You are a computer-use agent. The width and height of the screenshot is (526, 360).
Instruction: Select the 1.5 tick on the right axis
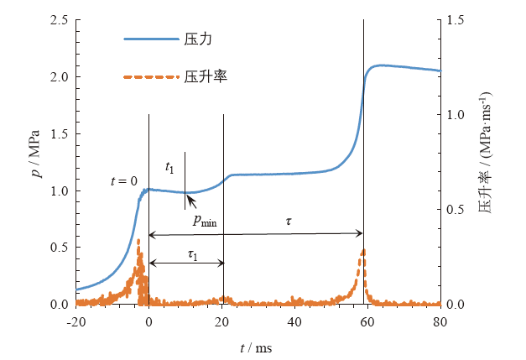click(x=456, y=19)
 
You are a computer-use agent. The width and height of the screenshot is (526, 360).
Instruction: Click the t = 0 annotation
click(x=123, y=181)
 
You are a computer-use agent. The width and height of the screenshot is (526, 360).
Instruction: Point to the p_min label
click(x=205, y=222)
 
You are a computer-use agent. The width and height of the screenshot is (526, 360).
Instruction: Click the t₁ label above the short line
click(x=169, y=169)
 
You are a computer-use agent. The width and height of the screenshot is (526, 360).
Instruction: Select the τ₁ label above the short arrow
click(x=192, y=253)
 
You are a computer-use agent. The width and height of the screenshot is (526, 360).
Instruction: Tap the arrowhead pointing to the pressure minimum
click(x=189, y=196)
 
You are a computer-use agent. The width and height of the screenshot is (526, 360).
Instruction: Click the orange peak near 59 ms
click(x=362, y=250)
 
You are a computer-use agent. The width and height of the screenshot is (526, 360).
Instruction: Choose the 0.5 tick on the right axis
click(x=456, y=209)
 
